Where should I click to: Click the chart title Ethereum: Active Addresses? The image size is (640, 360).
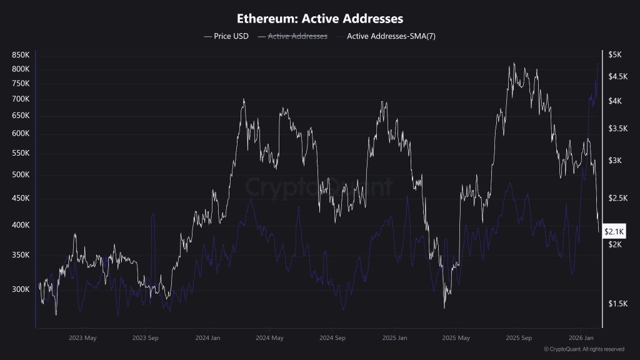[319, 19]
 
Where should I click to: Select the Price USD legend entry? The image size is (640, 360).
[226, 36]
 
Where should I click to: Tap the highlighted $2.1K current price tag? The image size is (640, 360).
[614, 232]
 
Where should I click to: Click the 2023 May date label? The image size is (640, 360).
[82, 338]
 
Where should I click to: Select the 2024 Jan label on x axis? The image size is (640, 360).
[207, 338]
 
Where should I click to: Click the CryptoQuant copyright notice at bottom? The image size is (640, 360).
[584, 349]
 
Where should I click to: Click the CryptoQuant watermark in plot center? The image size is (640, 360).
[319, 186]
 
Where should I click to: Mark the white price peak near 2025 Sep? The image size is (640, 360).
[513, 64]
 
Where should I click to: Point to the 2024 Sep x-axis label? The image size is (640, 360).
[332, 338]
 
